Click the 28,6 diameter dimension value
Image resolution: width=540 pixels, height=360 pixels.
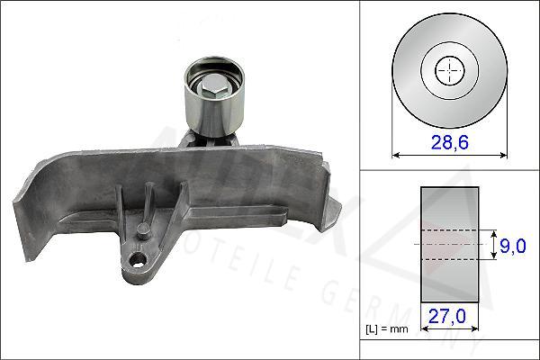pos(446,142)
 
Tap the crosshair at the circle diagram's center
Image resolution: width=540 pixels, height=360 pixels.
pos(447,69)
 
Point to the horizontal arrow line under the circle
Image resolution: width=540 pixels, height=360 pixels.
pos(447,154)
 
